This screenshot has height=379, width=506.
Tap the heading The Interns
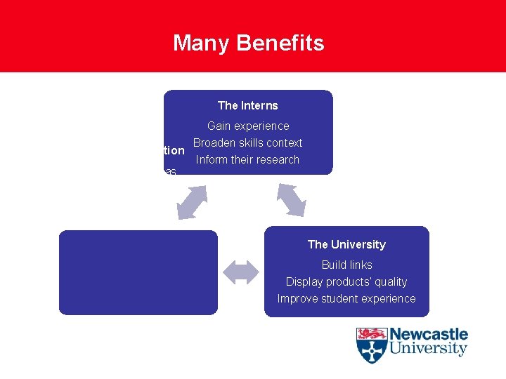point(247,105)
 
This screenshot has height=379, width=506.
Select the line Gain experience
point(248,126)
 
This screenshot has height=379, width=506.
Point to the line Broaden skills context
point(248,142)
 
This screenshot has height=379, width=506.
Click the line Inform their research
point(247,159)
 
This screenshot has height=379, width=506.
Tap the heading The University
point(346,244)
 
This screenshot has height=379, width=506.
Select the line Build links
point(346,265)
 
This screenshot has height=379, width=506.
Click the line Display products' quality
point(346,281)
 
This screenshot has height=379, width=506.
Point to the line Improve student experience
point(346,298)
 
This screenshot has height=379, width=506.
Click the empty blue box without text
point(138,272)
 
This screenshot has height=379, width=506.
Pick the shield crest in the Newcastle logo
point(371,345)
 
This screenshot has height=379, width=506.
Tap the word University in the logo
point(429,348)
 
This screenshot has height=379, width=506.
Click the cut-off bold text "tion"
point(174,151)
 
